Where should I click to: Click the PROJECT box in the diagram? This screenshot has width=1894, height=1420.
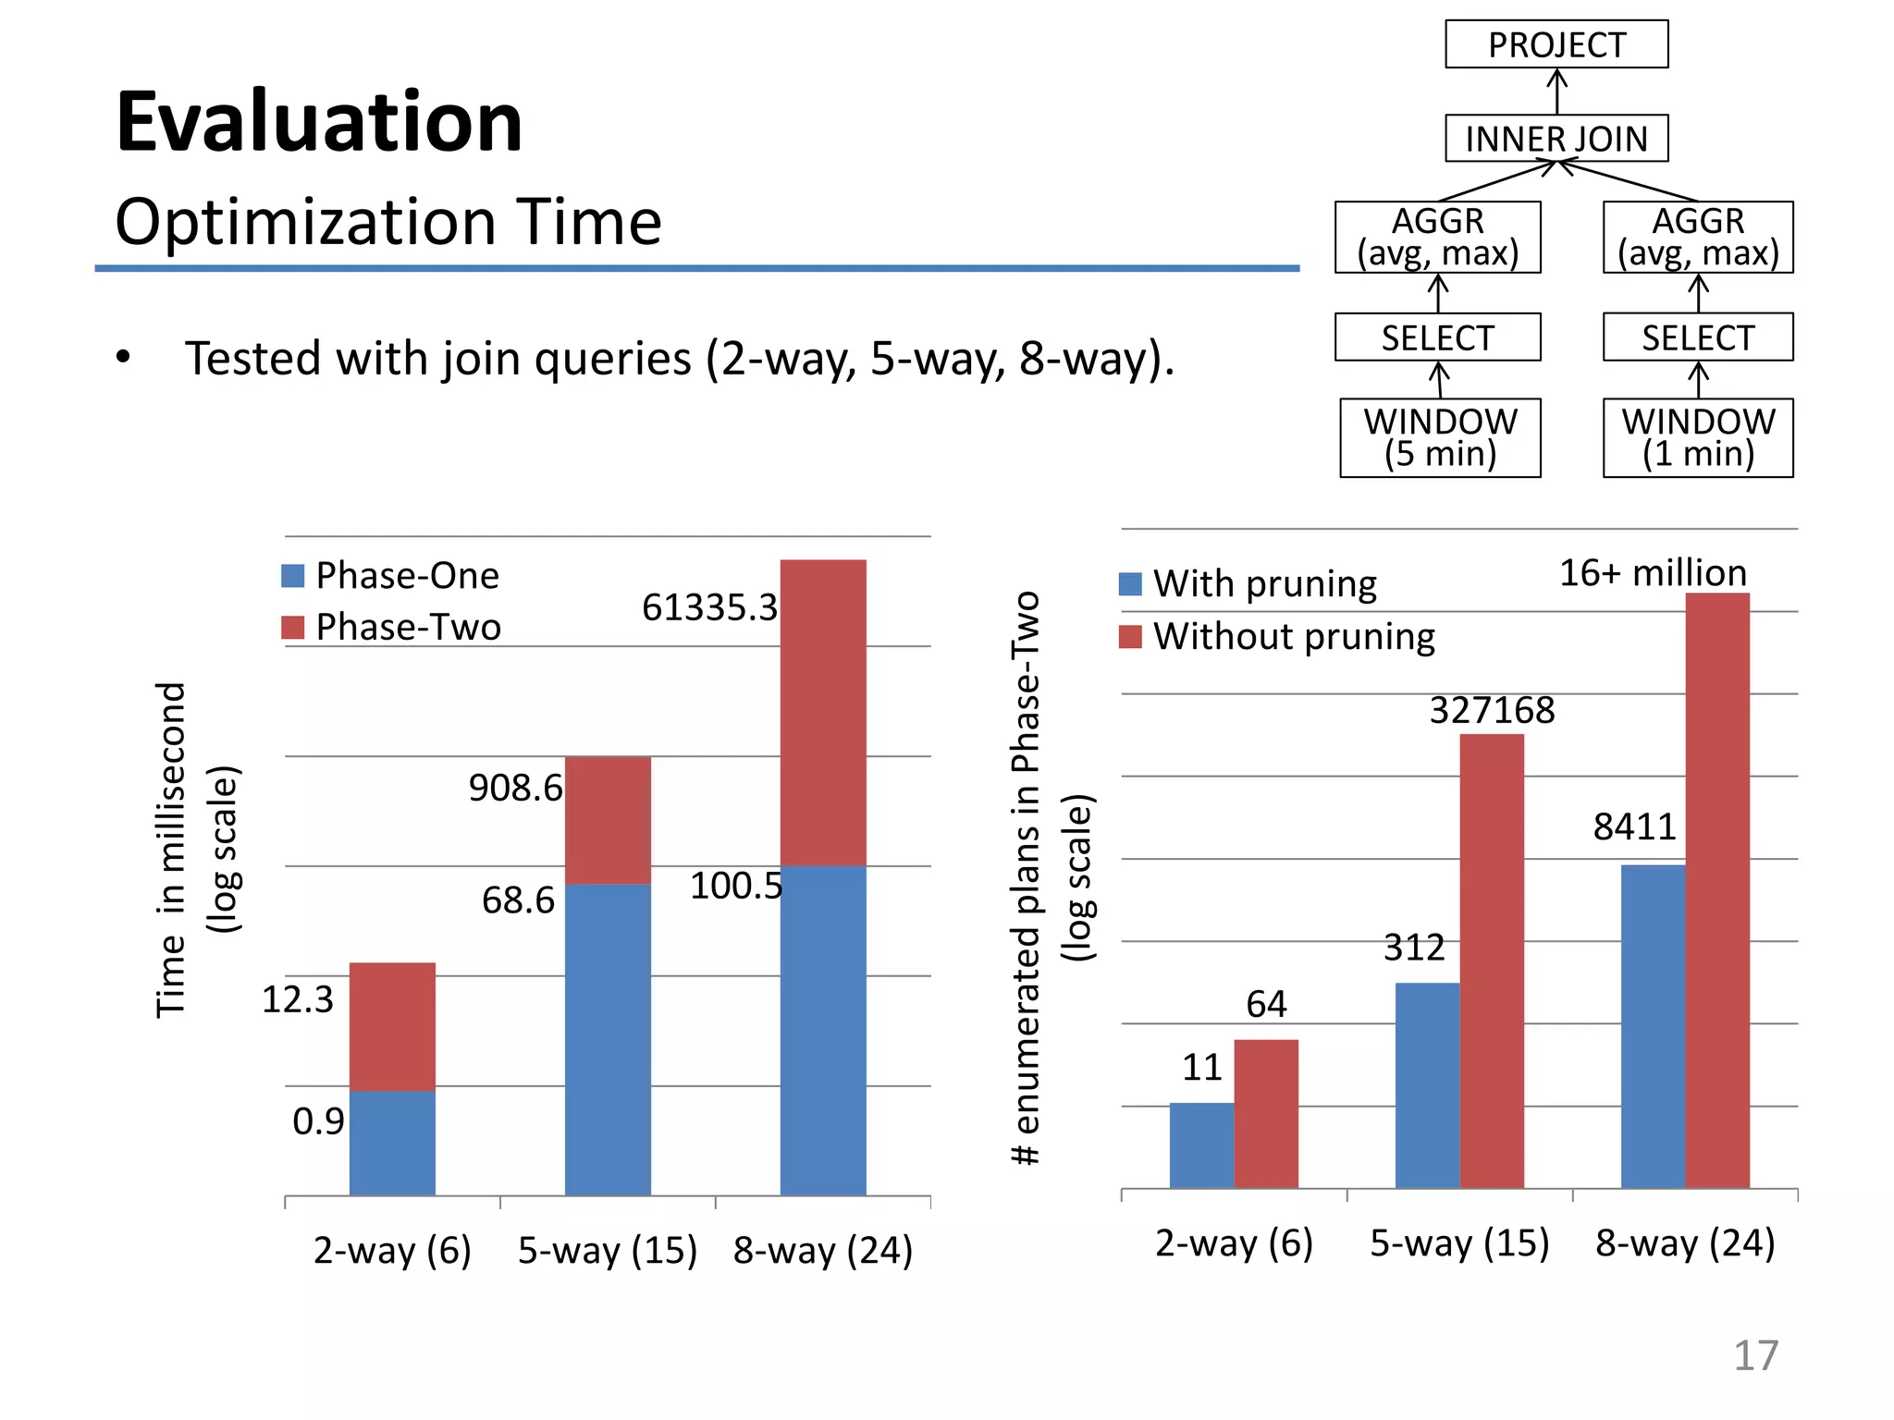[1556, 44]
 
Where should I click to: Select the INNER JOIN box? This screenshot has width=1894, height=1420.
[1556, 139]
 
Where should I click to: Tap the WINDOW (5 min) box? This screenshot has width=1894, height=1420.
[1440, 437]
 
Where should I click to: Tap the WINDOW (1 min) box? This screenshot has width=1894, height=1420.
[1698, 437]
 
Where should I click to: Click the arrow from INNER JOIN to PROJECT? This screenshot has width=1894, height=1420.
[1557, 92]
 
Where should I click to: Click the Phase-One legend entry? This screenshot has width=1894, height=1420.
[391, 576]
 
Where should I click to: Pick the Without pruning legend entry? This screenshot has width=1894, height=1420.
[1277, 636]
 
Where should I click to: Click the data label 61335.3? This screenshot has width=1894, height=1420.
[709, 607]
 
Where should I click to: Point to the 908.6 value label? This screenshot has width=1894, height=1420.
[515, 788]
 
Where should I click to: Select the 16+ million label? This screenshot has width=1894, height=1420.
[1653, 573]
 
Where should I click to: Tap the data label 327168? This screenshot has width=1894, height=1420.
[1492, 710]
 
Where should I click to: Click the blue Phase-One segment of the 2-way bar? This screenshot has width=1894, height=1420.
[392, 1143]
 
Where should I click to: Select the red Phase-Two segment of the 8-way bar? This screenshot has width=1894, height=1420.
[823, 712]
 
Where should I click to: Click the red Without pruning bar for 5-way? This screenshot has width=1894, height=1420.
[1492, 961]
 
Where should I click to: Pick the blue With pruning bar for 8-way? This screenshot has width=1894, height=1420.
[1653, 1026]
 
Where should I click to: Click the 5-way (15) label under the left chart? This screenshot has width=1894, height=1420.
[608, 1250]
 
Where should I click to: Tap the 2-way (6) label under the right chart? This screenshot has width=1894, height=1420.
[1234, 1242]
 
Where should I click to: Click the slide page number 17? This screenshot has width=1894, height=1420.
[1755, 1355]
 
